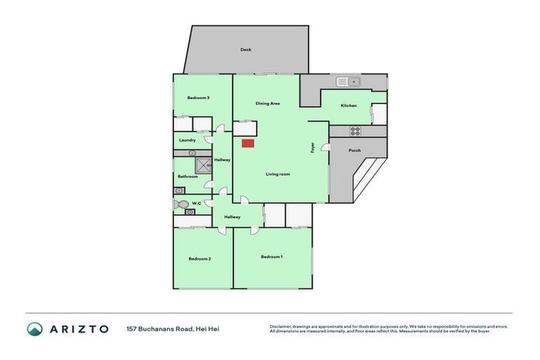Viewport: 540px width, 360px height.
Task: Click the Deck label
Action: click(x=245, y=49)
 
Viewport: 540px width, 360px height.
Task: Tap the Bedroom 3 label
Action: click(x=198, y=98)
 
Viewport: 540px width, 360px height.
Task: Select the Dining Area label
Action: click(x=268, y=103)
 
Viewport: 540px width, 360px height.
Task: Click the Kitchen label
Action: click(x=349, y=105)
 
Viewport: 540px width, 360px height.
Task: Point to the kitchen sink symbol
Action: click(x=348, y=82)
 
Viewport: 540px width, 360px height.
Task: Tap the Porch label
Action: click(x=355, y=150)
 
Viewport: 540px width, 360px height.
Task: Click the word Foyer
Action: click(x=313, y=148)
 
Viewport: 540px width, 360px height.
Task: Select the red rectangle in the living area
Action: click(x=247, y=143)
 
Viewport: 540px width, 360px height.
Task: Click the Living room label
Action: click(x=278, y=174)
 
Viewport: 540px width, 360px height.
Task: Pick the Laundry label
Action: click(x=187, y=140)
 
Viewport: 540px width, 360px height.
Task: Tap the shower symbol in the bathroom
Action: click(x=204, y=165)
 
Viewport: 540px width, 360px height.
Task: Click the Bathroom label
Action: click(x=187, y=176)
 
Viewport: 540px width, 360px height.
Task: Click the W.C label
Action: click(x=196, y=204)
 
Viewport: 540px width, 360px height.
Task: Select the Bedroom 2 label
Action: click(x=200, y=259)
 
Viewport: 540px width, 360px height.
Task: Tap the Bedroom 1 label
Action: click(x=271, y=257)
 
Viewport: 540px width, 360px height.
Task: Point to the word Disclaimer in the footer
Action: click(x=281, y=326)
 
